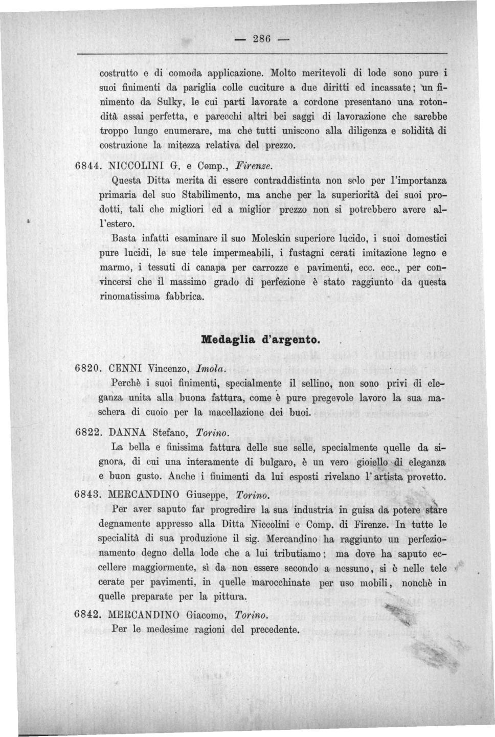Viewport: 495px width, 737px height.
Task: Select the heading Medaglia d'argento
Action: point(261,339)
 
